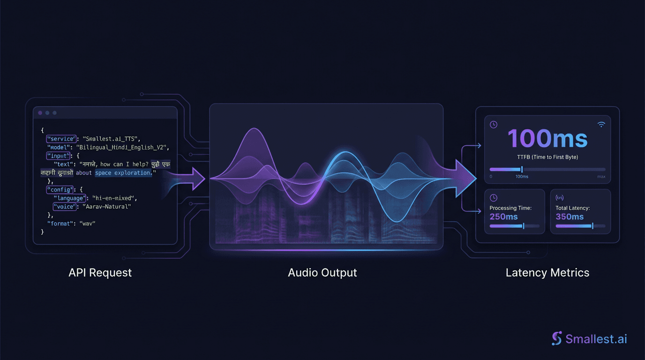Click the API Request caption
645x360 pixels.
coord(100,272)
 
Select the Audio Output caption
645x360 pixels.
coord(322,272)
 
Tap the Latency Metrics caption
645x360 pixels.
coord(547,272)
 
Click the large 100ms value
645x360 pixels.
coord(547,139)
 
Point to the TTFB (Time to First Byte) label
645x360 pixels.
coord(547,157)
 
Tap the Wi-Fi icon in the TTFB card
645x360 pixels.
coord(601,124)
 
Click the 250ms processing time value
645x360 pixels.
coord(504,217)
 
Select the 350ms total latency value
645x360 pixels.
coord(570,217)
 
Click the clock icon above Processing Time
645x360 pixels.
coord(494,198)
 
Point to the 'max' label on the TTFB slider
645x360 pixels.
coord(601,177)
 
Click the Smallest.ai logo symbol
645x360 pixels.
coord(557,338)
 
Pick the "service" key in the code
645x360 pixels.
coord(61,139)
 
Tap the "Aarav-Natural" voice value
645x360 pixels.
coord(107,207)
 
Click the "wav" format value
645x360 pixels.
coord(88,224)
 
